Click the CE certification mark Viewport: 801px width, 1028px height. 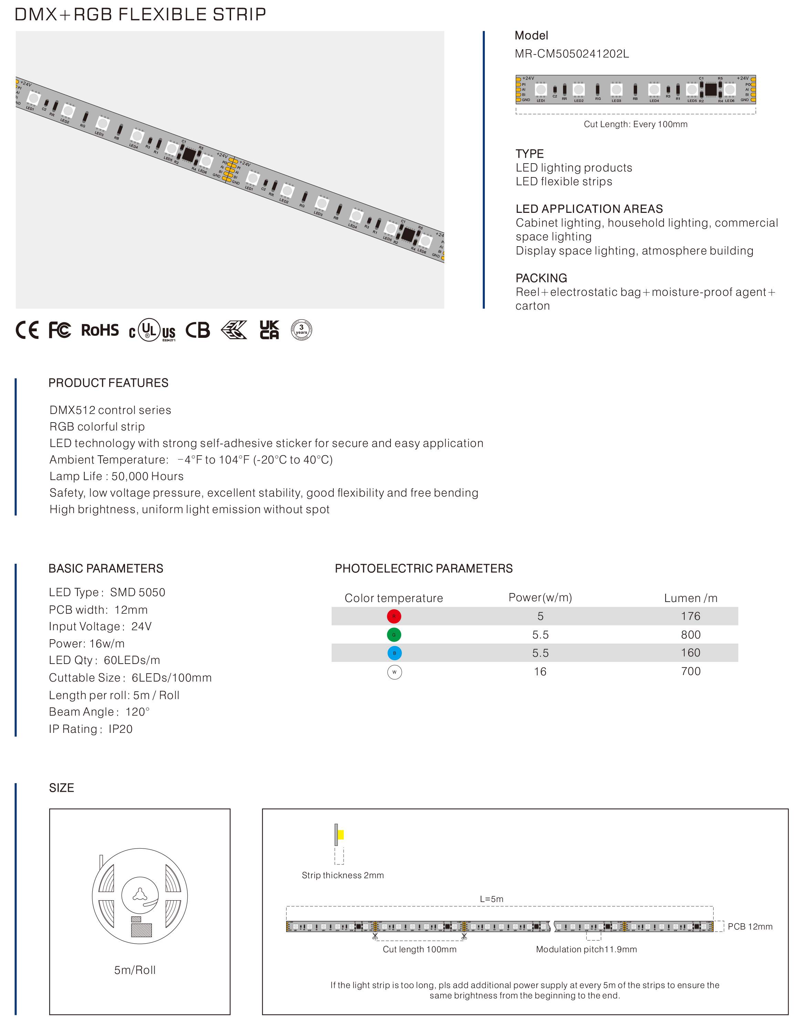(27, 330)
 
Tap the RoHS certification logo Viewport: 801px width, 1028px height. (100, 330)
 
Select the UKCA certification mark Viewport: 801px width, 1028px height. (269, 330)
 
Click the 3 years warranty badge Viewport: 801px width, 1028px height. (301, 330)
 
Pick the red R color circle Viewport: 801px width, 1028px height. (394, 616)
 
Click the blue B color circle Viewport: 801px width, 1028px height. (394, 653)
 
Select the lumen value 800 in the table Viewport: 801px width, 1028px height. (690, 634)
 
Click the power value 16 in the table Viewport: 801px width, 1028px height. (540, 672)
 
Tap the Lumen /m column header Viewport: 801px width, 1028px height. (690, 598)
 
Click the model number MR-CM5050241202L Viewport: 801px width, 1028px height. (571, 54)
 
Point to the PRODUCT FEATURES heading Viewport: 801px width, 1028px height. (108, 383)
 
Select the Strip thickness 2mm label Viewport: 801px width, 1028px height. (343, 875)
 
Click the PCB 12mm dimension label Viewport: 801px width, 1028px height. (750, 926)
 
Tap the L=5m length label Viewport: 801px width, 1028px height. (491, 899)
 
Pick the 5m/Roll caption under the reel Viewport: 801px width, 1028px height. (135, 970)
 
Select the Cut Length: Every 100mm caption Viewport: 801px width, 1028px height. (635, 124)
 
